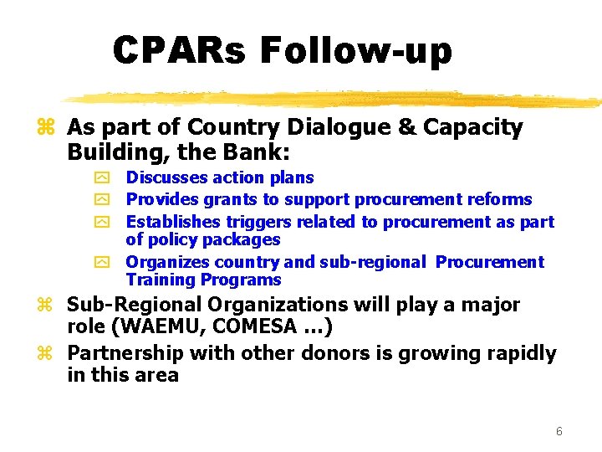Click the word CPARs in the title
coord(180,51)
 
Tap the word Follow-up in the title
coord(356,51)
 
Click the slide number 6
coord(559,432)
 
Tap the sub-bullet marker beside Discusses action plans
coord(103,178)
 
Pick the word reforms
coord(501,199)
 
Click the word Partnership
coord(125,353)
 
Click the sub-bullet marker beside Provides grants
coord(103,200)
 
